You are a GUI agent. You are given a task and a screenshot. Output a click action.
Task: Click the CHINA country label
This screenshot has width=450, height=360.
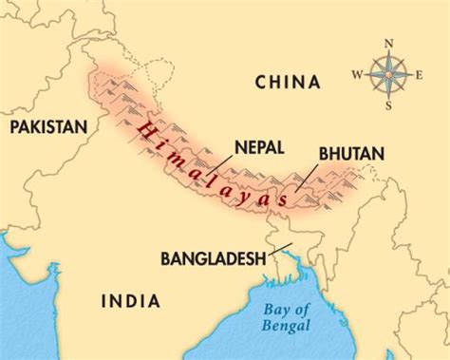(286, 84)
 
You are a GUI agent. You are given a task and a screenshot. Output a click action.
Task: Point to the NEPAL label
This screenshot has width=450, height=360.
(256, 146)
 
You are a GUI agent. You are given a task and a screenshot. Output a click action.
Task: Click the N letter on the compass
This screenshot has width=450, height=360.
(388, 44)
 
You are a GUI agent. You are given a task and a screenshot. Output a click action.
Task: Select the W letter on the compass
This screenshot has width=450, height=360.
(355, 74)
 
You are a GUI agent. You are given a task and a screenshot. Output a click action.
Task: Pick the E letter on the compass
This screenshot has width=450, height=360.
(422, 74)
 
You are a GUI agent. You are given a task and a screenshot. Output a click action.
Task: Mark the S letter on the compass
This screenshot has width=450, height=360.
(388, 105)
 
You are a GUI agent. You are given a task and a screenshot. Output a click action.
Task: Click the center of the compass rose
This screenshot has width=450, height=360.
(388, 74)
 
